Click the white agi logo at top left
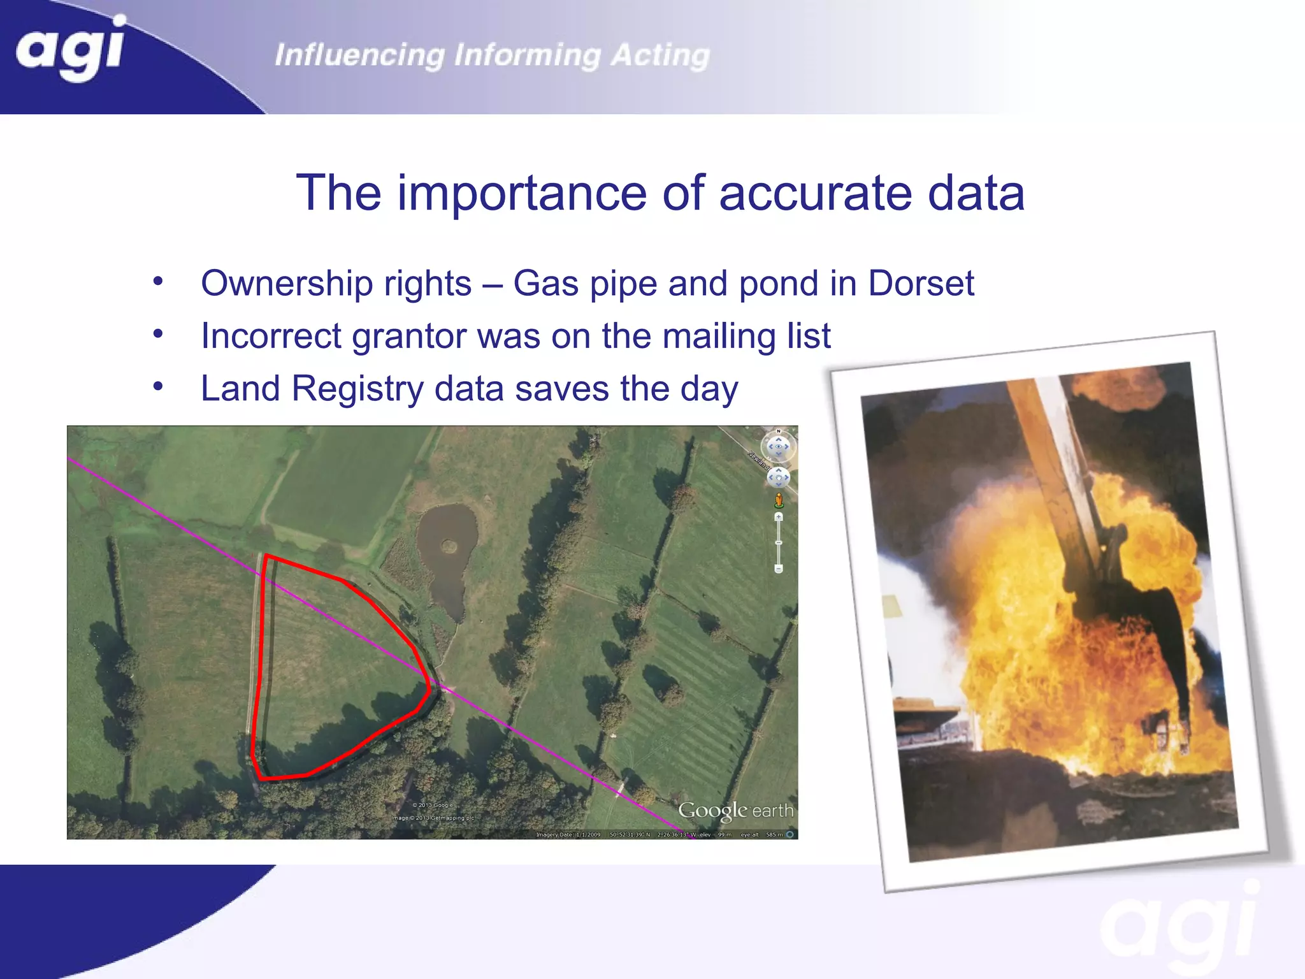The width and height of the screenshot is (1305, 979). [x=70, y=48]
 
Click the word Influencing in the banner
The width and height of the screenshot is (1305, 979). [x=359, y=55]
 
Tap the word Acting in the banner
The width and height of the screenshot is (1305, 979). [x=660, y=55]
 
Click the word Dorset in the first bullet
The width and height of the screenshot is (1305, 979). [x=921, y=283]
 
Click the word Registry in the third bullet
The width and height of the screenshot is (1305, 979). [x=357, y=389]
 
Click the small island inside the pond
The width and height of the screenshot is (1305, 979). [x=450, y=546]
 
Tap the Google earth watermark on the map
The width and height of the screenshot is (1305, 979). [x=735, y=810]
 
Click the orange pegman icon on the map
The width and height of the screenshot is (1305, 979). [x=779, y=500]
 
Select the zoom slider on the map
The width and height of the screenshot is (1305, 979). [x=779, y=542]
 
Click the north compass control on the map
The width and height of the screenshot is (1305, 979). [x=778, y=446]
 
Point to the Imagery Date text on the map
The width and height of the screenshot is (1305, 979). [x=568, y=834]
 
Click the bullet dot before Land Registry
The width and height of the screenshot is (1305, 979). [x=158, y=386]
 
